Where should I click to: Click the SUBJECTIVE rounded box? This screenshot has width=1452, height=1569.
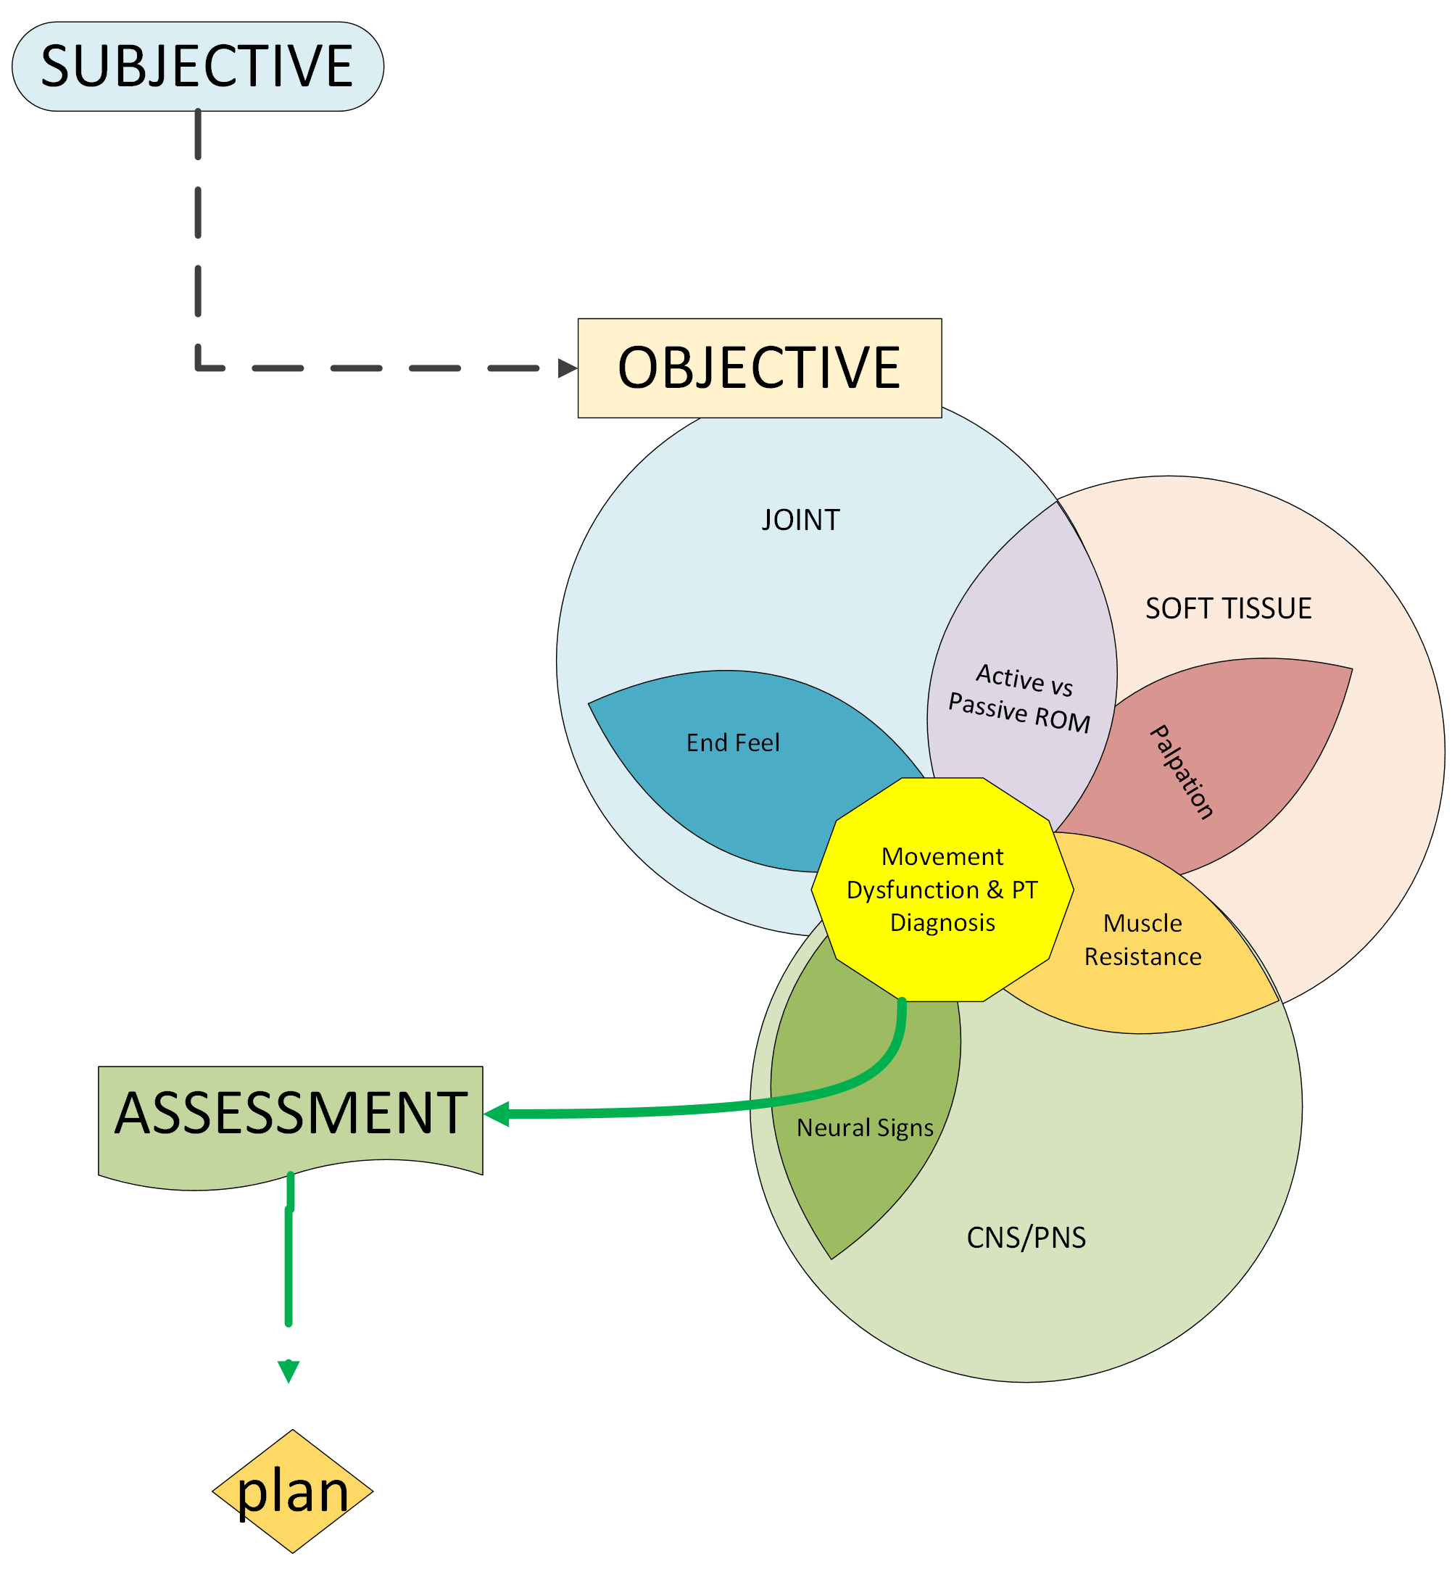pyautogui.click(x=197, y=66)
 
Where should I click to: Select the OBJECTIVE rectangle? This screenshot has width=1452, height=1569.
pyautogui.click(x=759, y=368)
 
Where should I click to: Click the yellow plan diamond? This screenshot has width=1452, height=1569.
pyautogui.click(x=292, y=1491)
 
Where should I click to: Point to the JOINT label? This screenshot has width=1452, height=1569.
pyautogui.click(x=800, y=520)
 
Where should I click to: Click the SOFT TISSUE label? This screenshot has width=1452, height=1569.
pyautogui.click(x=1228, y=608)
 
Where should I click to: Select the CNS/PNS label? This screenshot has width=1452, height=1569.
pyautogui.click(x=1026, y=1238)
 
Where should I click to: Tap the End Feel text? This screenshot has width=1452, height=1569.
pyautogui.click(x=733, y=742)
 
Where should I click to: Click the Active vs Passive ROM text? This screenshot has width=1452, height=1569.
pyautogui.click(x=1021, y=697)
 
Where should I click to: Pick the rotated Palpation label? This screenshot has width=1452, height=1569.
pyautogui.click(x=1182, y=771)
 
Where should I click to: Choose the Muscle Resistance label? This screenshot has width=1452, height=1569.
pyautogui.click(x=1142, y=940)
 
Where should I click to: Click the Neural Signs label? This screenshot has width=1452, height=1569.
pyautogui.click(x=864, y=1127)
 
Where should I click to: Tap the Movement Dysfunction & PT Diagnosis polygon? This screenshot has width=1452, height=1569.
pyautogui.click(x=942, y=890)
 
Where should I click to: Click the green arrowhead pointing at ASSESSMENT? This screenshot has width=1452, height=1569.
pyautogui.click(x=497, y=1114)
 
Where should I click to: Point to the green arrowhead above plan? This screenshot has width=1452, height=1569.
pyautogui.click(x=289, y=1372)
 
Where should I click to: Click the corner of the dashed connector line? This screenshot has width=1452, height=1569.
pyautogui.click(x=199, y=367)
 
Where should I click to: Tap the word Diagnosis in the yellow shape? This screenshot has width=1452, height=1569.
pyautogui.click(x=942, y=922)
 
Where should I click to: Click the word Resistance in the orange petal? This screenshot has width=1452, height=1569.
pyautogui.click(x=1142, y=957)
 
